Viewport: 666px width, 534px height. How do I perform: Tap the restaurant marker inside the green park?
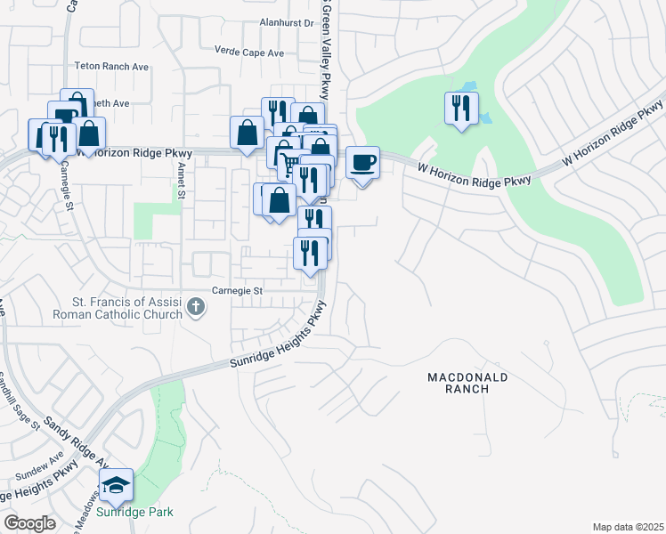(x=461, y=110)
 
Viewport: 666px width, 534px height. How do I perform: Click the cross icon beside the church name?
(x=196, y=308)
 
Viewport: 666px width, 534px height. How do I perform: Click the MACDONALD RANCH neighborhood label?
(x=468, y=383)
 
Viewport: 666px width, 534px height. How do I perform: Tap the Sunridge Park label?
(x=135, y=512)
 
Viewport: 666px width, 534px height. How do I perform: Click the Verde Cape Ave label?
(x=250, y=53)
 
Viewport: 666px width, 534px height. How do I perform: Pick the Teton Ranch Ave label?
(x=111, y=66)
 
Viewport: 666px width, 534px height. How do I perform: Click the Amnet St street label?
(x=181, y=176)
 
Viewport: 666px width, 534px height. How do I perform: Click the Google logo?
(x=29, y=522)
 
